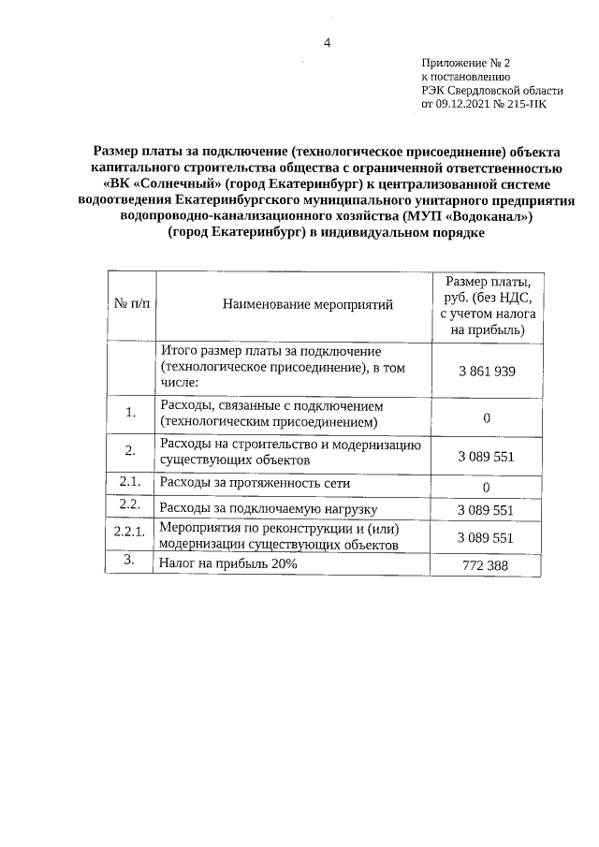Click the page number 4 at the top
pos(327,42)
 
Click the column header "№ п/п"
pos(131,304)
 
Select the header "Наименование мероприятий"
pos(295,304)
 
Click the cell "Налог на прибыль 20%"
pos(228,564)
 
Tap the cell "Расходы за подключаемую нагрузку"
pos(268,509)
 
